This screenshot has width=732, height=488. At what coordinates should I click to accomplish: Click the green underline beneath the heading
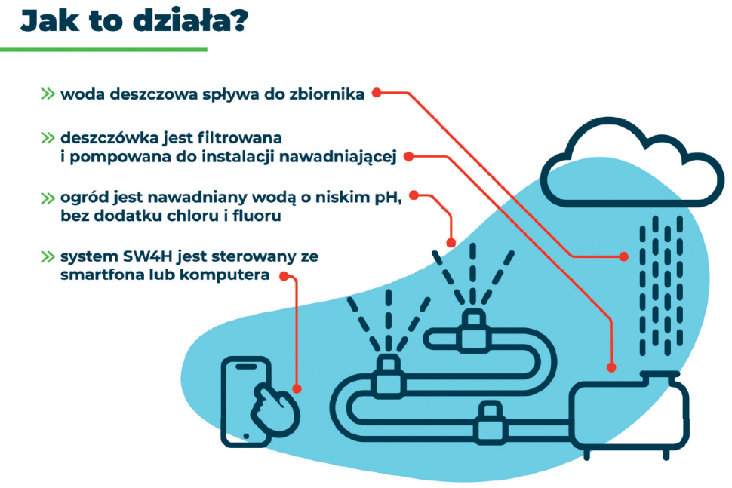(103, 50)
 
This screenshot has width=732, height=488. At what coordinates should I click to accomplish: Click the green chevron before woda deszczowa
(48, 94)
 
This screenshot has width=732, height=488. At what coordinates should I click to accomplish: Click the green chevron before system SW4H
(48, 256)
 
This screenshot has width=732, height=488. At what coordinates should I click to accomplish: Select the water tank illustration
(631, 415)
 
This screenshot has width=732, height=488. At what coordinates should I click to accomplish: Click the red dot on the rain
(624, 256)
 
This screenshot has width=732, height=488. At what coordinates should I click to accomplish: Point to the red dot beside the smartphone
(297, 389)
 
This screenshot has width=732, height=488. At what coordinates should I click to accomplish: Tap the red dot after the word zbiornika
(377, 93)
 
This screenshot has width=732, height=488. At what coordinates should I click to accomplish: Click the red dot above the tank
(611, 367)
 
